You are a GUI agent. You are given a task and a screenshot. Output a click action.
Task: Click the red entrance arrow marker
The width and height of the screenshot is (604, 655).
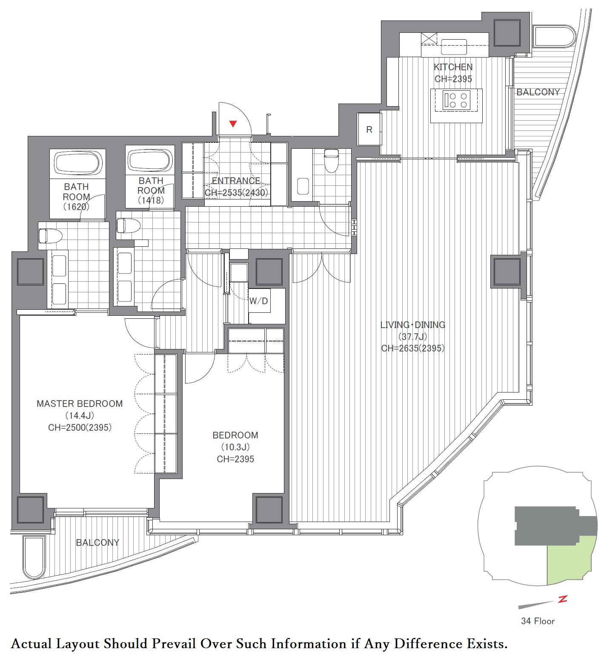coord(233,124)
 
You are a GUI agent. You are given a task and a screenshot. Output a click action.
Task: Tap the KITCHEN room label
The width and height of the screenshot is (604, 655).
coord(453,67)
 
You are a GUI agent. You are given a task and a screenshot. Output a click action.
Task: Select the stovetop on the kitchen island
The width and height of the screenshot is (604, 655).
coord(456,100)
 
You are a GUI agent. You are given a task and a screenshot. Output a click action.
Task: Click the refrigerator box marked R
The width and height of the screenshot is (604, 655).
coord(369,130)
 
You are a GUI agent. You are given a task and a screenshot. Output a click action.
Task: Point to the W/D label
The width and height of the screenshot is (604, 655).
coord(258,301)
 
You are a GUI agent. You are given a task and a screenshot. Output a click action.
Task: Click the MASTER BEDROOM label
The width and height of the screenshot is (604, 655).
coord(80,404)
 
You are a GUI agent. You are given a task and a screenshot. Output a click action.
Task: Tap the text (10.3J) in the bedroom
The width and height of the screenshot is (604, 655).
coord(235,447)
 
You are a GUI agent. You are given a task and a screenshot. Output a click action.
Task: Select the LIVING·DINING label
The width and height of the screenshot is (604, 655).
coord(413,325)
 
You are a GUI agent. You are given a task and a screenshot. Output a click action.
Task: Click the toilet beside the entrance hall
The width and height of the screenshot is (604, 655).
coord(331,160)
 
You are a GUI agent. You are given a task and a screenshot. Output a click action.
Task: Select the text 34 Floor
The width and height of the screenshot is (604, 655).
coord(538,621)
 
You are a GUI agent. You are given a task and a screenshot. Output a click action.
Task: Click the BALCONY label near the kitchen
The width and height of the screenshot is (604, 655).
coord(538,92)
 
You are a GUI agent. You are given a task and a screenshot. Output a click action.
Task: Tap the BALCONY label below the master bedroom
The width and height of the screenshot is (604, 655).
coord(97,542)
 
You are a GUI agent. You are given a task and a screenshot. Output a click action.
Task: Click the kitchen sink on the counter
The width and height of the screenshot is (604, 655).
coord(454,47)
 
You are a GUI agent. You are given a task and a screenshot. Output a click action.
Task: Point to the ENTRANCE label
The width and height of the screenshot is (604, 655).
coord(236,181)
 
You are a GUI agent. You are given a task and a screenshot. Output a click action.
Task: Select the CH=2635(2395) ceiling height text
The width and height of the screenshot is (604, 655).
coord(413,348)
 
